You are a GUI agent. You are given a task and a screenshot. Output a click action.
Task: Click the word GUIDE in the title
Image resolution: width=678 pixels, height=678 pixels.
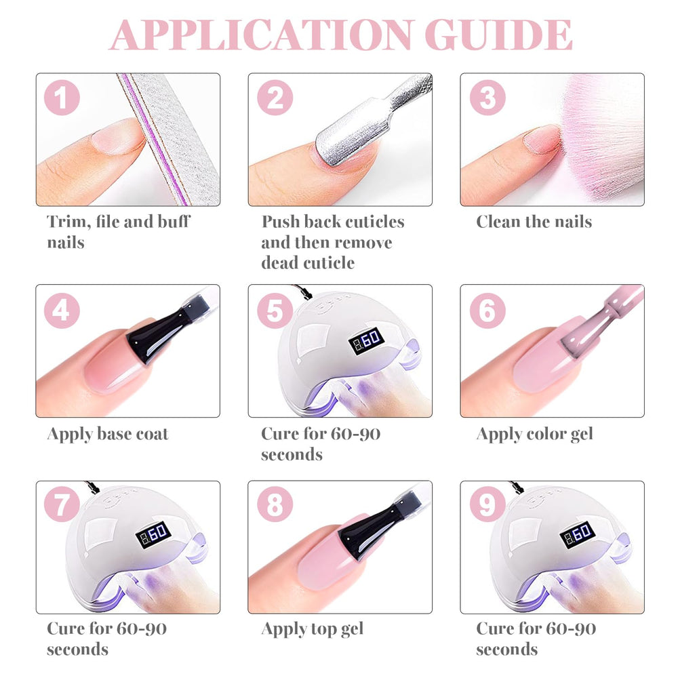pos(498,35)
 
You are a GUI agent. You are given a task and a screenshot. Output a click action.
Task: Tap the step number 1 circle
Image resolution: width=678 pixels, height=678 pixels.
pos(62,97)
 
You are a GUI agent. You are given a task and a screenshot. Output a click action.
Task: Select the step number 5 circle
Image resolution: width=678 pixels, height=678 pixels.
pos(275,310)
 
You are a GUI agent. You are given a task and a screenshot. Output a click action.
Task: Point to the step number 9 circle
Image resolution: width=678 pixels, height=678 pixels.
pos(487,504)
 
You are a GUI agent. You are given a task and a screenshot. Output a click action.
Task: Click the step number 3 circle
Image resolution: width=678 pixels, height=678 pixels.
pos(487,97)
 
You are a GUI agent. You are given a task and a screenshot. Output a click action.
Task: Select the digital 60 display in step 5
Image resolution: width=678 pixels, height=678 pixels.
pos(366,340)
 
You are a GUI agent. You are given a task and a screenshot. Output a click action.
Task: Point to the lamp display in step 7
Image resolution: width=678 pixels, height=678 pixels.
pos(153,536)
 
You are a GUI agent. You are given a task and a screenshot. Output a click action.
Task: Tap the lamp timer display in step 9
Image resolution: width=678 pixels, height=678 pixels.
pos(578,536)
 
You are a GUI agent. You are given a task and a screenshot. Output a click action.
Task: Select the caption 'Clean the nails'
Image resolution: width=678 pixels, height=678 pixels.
pos(534,222)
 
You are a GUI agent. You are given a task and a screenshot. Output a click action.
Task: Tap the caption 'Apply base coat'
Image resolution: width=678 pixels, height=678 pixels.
pos(108,435)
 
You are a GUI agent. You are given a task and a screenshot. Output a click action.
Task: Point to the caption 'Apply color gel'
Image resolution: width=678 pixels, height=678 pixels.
pos(534,435)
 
